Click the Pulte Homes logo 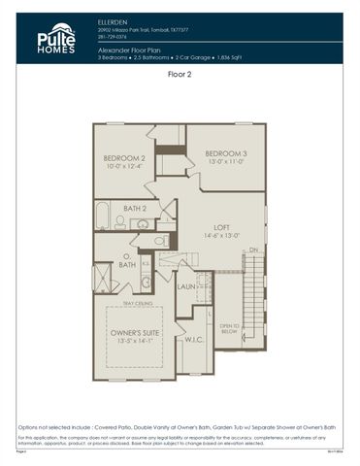tap(56, 40)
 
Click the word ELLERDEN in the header tap(114, 20)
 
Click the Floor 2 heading tap(180, 73)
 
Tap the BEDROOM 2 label tap(124, 157)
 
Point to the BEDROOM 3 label tap(225, 153)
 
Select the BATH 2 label tap(135, 207)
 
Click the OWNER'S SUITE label tap(134, 332)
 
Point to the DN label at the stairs tap(254, 250)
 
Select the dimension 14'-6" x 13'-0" tap(222, 235)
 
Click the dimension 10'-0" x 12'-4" tap(124, 166)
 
